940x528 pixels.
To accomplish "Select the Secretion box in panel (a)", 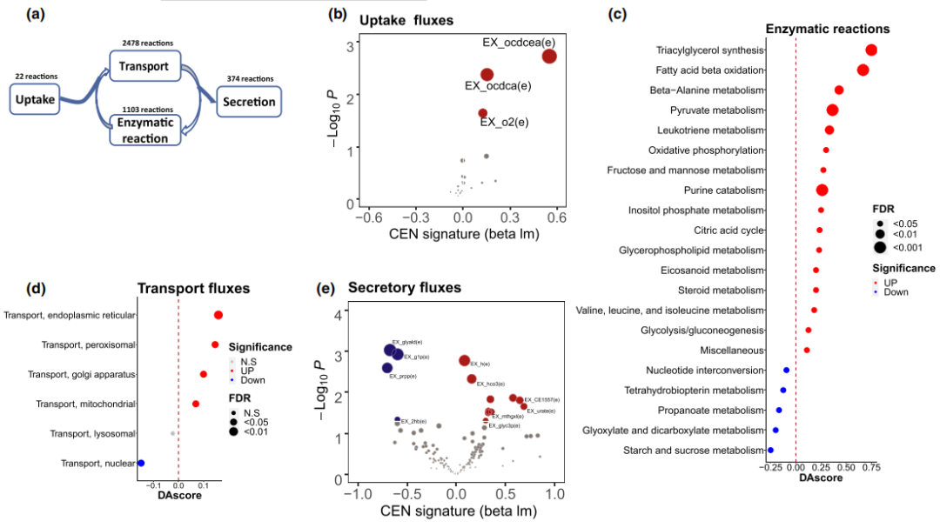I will pos(248,102).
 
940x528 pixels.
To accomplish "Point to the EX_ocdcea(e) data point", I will pos(549,56).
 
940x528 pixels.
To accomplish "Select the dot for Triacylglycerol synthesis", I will pos(870,50).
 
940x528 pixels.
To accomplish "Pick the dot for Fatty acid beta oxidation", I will pos(863,70).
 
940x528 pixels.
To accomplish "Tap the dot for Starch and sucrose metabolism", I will pos(770,450).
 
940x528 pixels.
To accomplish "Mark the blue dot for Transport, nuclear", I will pos(141,464).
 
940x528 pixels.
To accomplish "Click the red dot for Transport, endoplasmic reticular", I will pos(218,316).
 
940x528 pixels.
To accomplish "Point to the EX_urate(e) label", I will pos(540,411).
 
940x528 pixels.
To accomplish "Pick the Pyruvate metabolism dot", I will pos(832,110).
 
